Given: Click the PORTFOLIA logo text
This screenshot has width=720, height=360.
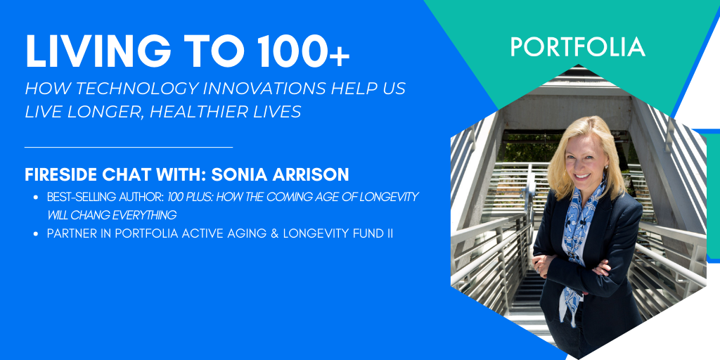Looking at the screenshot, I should tap(577, 47).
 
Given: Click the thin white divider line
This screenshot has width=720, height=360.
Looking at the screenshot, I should tap(128, 147).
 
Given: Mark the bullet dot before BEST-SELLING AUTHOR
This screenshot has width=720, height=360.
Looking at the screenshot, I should tap(35, 198).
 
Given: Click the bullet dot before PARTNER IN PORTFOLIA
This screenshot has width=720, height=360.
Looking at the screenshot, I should tap(35, 233).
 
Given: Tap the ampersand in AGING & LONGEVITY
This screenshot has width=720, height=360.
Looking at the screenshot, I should tap(257, 233).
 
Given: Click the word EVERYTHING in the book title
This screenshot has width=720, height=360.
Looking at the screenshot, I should tap(151, 214).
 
